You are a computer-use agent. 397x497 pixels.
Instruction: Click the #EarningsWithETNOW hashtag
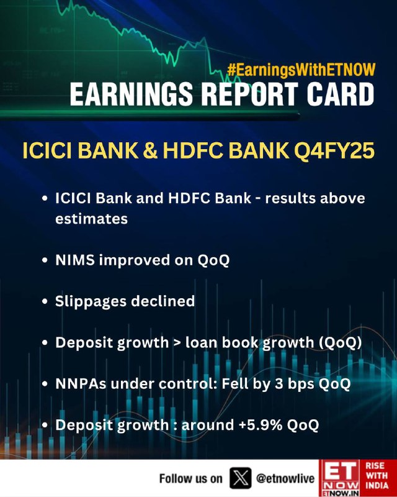point(301,70)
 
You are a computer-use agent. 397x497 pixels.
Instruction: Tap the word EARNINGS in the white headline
point(132,94)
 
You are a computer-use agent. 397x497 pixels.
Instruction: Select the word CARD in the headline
point(341,94)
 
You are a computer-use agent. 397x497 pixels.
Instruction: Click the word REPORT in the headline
point(249,94)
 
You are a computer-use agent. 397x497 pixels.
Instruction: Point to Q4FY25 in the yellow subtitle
point(334,150)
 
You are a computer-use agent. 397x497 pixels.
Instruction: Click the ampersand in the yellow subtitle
point(150,150)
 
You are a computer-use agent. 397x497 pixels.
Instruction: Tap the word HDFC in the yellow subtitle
point(193,150)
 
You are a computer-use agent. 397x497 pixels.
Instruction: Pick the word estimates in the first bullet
point(91,219)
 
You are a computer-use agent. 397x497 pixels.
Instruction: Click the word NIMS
point(75,260)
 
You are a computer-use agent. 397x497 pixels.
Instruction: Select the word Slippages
point(91,302)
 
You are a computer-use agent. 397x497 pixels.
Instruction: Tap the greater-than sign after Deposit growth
point(177,343)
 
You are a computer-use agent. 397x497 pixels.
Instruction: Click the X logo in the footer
point(241,478)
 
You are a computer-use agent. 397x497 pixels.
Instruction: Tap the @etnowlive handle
point(285,478)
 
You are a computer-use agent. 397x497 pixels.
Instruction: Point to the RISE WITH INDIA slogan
point(377,475)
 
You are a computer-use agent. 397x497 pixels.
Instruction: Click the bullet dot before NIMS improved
point(45,260)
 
